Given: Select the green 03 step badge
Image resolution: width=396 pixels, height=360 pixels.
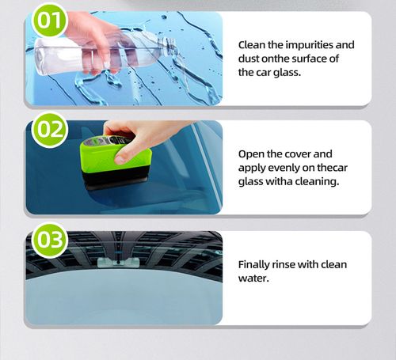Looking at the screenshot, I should [x=50, y=241].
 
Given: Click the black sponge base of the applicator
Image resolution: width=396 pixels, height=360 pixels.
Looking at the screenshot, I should [x=119, y=179].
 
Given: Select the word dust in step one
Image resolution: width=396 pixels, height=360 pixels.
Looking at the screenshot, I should [x=252, y=59].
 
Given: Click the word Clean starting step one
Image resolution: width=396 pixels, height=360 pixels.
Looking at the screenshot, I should [x=253, y=46].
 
